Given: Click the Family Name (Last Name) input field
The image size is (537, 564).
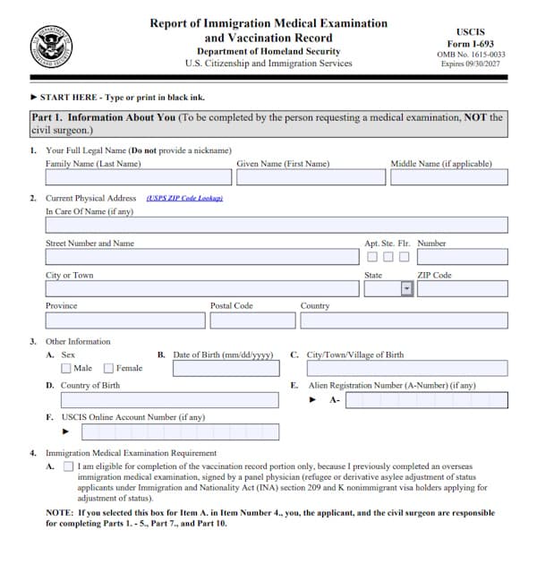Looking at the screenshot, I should [x=138, y=177].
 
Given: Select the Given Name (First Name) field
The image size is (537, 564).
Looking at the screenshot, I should [x=310, y=177].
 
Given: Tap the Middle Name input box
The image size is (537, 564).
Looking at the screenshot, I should [x=448, y=177].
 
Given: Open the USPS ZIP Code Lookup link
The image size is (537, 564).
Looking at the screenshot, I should [x=184, y=198].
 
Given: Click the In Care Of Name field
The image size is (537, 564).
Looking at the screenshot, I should [x=276, y=225].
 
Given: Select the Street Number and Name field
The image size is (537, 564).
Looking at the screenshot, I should [x=201, y=257].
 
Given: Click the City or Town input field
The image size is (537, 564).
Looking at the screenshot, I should [x=201, y=289].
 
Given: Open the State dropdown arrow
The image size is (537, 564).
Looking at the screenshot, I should [x=406, y=289].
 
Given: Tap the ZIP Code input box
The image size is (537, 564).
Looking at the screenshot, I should [x=462, y=289].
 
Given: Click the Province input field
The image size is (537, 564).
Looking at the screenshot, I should [x=124, y=320].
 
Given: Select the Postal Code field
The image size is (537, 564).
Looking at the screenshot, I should [x=252, y=320].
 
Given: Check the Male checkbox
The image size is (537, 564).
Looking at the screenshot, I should [x=66, y=368].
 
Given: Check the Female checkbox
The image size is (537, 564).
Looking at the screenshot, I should [x=108, y=368].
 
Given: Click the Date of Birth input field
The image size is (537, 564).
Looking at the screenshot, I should [x=222, y=368].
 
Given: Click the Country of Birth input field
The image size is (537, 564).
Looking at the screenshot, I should [x=169, y=400].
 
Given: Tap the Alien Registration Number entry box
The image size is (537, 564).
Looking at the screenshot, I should [x=425, y=400].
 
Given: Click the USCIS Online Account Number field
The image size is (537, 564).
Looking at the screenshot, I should [x=180, y=432].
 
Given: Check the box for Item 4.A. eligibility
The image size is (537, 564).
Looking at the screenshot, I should [x=69, y=466].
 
